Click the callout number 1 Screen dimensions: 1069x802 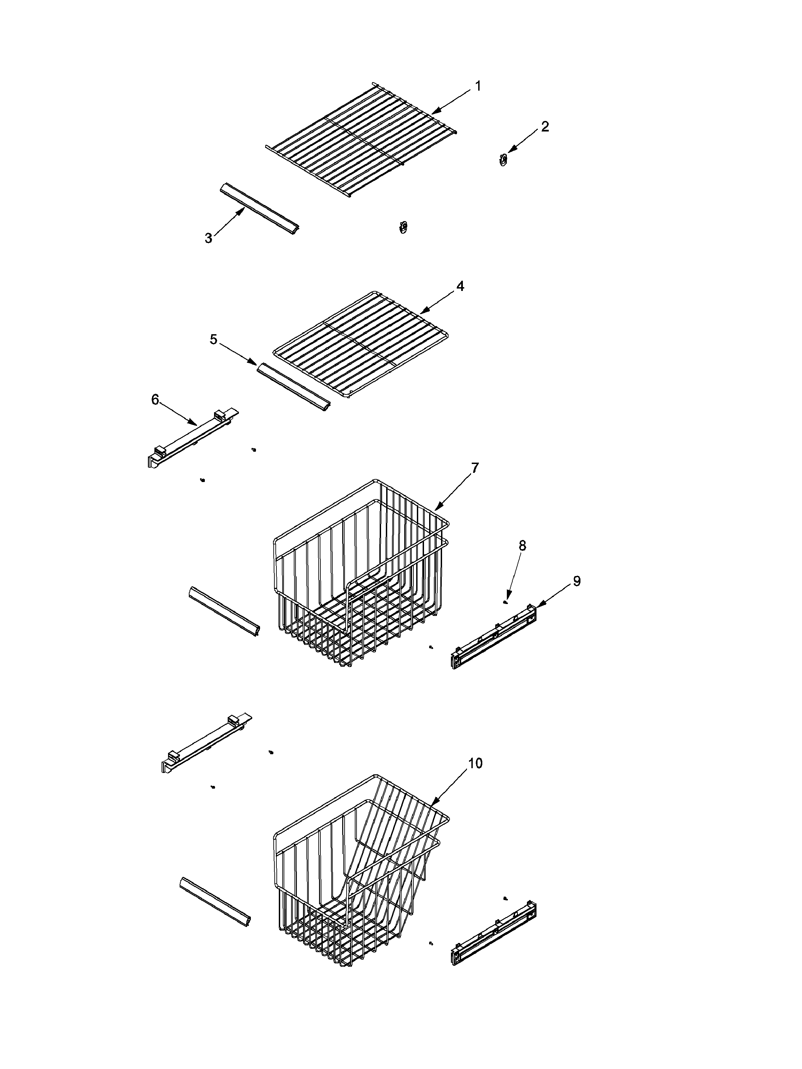(478, 86)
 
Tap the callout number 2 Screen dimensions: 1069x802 (545, 127)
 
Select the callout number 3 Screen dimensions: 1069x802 (208, 238)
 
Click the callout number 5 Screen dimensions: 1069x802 (213, 340)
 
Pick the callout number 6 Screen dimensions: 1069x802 (155, 400)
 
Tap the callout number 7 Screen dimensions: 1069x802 (475, 467)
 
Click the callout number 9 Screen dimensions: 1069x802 (576, 582)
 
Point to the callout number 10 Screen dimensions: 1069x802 (475, 763)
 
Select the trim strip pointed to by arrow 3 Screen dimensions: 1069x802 (260, 209)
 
